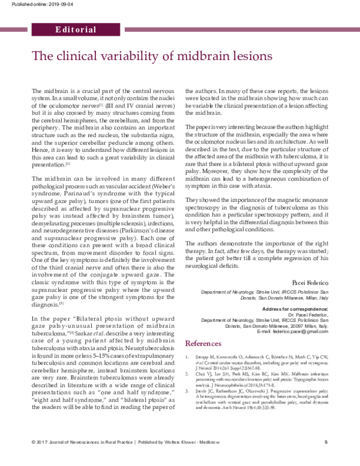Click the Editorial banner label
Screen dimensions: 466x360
pos(75,29)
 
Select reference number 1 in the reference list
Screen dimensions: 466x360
pos(188,357)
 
